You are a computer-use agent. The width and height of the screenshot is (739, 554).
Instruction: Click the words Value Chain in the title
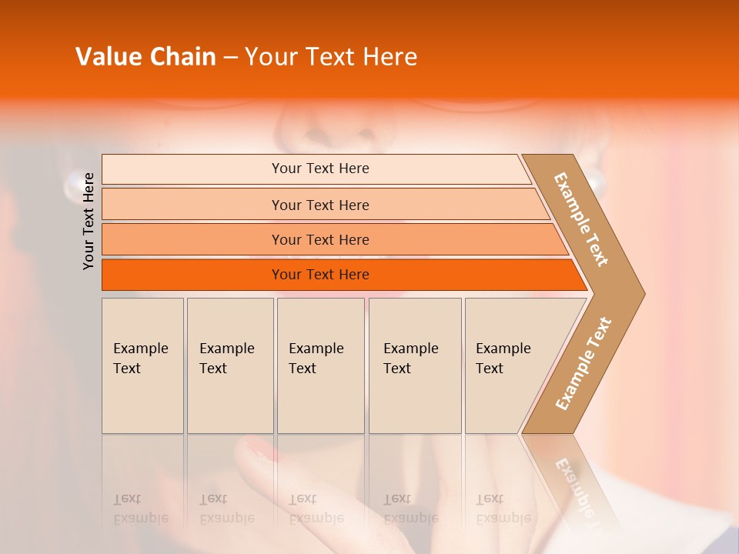(x=145, y=57)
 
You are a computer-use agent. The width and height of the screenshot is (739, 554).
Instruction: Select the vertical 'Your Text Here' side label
(x=89, y=221)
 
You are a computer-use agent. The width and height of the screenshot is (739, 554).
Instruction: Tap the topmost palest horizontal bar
(x=319, y=169)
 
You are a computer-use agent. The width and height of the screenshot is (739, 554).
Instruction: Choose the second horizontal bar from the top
(x=319, y=205)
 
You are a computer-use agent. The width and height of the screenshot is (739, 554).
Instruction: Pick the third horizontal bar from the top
(x=319, y=239)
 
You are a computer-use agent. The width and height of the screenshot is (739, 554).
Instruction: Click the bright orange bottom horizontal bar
(x=319, y=275)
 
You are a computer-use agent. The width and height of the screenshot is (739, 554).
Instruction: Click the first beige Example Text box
(x=142, y=365)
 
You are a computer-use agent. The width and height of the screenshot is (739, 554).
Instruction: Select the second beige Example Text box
(x=230, y=365)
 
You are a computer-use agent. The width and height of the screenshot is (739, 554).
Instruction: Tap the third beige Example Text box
(x=320, y=365)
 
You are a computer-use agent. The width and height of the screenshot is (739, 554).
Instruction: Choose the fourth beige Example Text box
(x=415, y=365)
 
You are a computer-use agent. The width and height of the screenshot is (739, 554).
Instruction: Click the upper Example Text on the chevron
(x=581, y=219)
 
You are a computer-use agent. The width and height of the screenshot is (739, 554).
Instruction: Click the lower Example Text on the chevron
(x=583, y=364)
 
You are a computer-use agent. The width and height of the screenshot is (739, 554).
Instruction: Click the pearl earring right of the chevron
(x=597, y=182)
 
